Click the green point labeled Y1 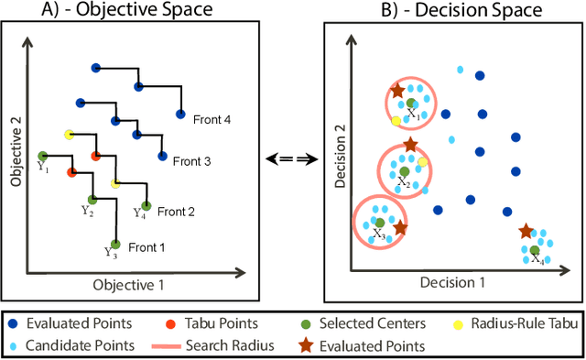pyautogui.click(x=42, y=156)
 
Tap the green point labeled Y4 pyautogui.click(x=145, y=206)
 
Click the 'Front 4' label pyautogui.click(x=212, y=117)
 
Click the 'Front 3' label pyautogui.click(x=191, y=161)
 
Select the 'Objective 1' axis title pyautogui.click(x=129, y=285)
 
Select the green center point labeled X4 pyautogui.click(x=536, y=249)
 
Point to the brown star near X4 pyautogui.click(x=525, y=232)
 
